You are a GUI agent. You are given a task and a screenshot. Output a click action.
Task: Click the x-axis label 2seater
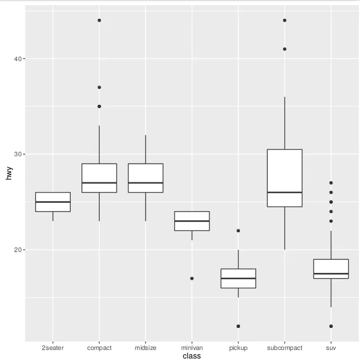tap(53, 348)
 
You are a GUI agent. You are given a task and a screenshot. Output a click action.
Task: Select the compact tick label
tap(99, 348)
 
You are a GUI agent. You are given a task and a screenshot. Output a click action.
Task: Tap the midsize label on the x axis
tap(145, 348)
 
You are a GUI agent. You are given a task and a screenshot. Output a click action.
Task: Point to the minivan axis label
tap(192, 348)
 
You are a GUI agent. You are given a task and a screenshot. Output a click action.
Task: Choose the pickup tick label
tap(238, 348)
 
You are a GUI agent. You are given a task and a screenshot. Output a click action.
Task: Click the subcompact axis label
tap(285, 348)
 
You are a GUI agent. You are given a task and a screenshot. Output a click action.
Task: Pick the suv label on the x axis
tap(331, 348)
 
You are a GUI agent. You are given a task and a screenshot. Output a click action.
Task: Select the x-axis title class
tap(192, 356)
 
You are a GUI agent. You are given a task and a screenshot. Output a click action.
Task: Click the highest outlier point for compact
tap(99, 20)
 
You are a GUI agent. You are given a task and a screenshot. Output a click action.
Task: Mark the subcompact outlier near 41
tap(285, 49)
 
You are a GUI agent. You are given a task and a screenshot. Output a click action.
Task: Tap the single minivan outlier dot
tap(192, 278)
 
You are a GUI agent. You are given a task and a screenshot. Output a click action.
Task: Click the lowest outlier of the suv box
tap(331, 326)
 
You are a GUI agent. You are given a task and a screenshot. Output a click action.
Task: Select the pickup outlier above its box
tap(238, 230)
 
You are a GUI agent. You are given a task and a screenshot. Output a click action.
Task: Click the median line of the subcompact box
tap(285, 192)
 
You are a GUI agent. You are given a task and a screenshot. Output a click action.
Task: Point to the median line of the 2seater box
tap(53, 202)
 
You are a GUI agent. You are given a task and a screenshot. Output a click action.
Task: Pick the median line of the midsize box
tap(145, 183)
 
